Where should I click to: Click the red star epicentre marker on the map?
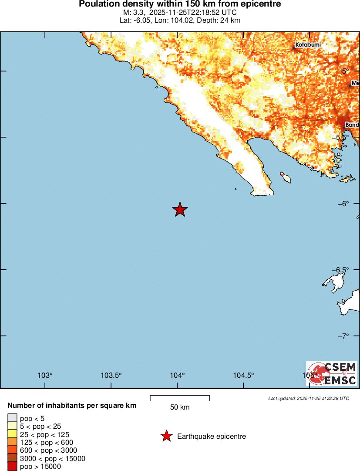(x=180, y=210)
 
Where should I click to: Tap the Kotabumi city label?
(x=308, y=45)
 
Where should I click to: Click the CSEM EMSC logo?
(x=331, y=373)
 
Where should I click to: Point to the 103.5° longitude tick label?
(x=111, y=376)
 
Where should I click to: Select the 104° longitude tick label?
(x=177, y=376)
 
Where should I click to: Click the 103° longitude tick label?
(x=45, y=376)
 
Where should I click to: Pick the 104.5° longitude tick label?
(x=243, y=376)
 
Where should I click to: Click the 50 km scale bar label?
(x=180, y=407)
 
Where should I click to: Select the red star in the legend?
(x=166, y=436)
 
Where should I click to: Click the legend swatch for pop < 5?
(x=12, y=419)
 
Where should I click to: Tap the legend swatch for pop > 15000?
(x=12, y=466)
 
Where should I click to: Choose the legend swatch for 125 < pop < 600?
(x=12, y=442)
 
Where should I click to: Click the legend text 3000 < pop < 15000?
(x=53, y=458)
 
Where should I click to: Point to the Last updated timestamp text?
(x=309, y=398)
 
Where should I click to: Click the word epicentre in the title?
(x=260, y=4)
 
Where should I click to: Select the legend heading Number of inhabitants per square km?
(x=72, y=406)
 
